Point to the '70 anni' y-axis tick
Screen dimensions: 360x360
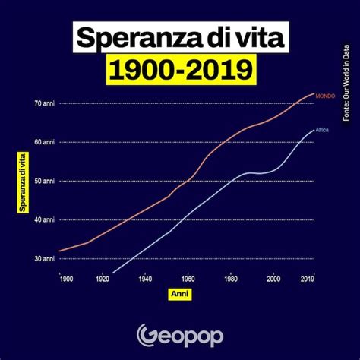45,103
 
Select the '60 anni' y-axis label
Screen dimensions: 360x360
45,142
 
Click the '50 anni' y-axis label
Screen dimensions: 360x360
45,181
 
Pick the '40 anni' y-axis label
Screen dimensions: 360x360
45,219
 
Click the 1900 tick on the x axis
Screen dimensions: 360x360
66,279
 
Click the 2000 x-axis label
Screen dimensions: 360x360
273,279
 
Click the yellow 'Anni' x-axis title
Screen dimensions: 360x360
180,293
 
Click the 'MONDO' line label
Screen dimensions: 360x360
325,95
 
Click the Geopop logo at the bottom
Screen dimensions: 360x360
180,335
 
